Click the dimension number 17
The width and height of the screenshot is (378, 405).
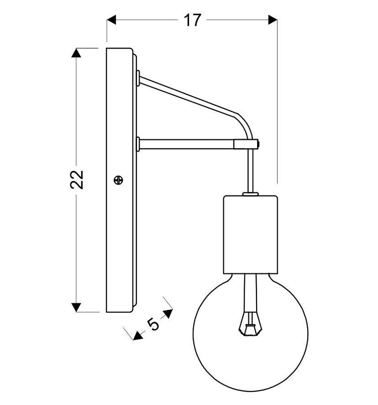192,20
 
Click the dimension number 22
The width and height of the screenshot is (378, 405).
77,179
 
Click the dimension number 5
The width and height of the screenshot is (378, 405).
153,324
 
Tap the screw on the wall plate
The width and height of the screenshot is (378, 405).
119,180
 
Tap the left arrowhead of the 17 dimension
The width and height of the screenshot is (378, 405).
112,19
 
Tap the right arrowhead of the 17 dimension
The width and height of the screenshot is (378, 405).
272,19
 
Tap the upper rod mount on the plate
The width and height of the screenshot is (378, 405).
137,78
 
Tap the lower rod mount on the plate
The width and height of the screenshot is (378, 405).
137,143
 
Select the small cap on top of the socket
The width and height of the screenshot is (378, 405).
250,193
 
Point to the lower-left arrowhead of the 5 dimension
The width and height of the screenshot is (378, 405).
137,335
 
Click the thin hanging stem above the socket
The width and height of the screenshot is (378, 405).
250,170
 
